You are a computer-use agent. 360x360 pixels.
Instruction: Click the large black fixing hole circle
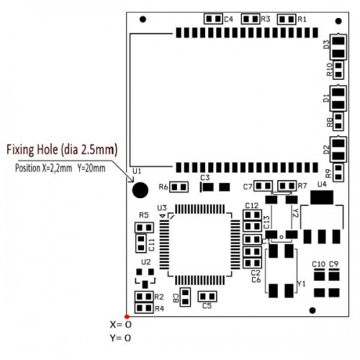tap(140, 190)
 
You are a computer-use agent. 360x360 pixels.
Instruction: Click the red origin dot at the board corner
tap(127, 317)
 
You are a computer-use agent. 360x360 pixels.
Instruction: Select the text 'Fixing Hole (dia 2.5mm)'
tap(62, 150)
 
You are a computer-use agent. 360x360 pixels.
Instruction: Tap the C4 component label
tap(228, 19)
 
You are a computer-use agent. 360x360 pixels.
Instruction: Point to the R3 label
tap(266, 19)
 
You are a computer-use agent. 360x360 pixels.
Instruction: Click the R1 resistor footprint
tap(287, 19)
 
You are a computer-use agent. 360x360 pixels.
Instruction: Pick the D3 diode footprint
tap(338, 47)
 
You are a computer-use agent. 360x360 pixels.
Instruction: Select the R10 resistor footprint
tap(338, 70)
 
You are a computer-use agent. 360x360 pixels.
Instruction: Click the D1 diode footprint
tap(338, 99)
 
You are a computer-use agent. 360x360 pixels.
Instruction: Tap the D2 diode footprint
tap(338, 149)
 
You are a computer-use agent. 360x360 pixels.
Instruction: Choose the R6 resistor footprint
tap(179, 187)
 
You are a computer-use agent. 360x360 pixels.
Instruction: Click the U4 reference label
tap(322, 184)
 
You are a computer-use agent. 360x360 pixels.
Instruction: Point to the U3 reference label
tap(162, 208)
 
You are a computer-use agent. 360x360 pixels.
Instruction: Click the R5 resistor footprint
tap(144, 228)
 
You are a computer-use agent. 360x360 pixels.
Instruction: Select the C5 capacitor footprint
tap(207, 297)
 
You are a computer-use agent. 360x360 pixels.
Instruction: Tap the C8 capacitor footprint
tap(185, 297)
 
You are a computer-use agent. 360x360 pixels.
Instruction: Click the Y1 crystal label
tap(302, 284)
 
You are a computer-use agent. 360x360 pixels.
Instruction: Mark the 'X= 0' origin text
tap(121, 325)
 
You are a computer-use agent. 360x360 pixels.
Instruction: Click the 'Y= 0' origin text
tap(121, 338)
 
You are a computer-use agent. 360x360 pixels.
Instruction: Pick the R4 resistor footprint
tap(144, 308)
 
